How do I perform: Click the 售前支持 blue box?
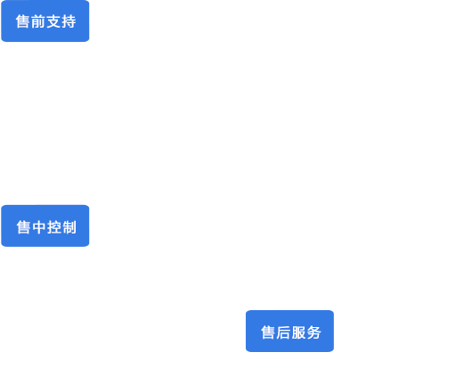click(x=45, y=20)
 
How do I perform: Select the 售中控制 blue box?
click(x=45, y=225)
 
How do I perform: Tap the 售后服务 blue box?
click(x=289, y=331)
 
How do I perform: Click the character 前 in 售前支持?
click(x=38, y=21)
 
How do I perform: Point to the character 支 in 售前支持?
click(x=53, y=21)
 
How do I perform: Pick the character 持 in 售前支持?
click(x=69, y=21)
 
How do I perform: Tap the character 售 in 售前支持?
click(x=23, y=21)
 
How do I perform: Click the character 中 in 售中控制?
click(x=39, y=227)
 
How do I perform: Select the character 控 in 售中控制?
click(x=54, y=227)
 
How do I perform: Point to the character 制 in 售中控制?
click(x=69, y=227)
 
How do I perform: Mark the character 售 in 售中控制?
click(x=23, y=227)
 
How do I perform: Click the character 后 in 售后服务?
click(x=283, y=332)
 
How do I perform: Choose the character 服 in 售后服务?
click(x=298, y=332)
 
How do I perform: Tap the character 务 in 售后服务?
click(x=314, y=332)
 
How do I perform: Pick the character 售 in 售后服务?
click(x=268, y=332)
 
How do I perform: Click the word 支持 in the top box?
click(x=61, y=21)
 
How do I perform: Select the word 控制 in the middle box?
click(x=61, y=227)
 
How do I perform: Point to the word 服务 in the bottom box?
click(x=306, y=332)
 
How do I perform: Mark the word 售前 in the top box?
click(x=30, y=21)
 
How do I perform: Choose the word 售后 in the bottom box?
click(x=275, y=332)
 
